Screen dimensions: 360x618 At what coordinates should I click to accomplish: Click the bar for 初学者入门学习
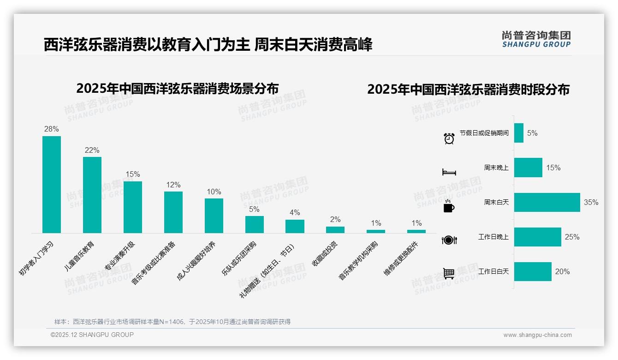pos(52,185)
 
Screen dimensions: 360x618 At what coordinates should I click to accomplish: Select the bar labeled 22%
pos(92,195)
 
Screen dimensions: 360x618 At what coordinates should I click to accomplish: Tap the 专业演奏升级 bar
pos(133,207)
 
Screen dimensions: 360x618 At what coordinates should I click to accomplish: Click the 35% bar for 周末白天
pos(547,202)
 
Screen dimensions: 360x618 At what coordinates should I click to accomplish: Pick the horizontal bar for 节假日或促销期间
pos(519,133)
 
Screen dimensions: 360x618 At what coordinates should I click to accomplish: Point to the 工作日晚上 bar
pos(538,237)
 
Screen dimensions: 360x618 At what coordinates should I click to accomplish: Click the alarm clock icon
pos(449,138)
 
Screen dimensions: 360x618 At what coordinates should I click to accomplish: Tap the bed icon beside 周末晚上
pos(449,172)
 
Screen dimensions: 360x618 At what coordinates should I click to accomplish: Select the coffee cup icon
pos(449,206)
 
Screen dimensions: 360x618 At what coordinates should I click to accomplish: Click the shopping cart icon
pos(449,274)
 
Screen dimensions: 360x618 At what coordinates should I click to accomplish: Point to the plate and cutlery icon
pos(449,240)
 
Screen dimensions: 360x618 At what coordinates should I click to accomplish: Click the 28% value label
pos(52,129)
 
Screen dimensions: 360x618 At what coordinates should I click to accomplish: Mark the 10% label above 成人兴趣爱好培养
pos(214,192)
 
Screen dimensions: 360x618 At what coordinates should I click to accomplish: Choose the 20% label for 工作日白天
pos(562,271)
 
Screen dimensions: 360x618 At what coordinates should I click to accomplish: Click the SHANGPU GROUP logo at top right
pos(536,39)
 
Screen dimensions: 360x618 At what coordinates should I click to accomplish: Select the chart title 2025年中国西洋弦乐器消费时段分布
pos(468,89)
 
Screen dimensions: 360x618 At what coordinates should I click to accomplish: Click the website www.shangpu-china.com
pos(537,335)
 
